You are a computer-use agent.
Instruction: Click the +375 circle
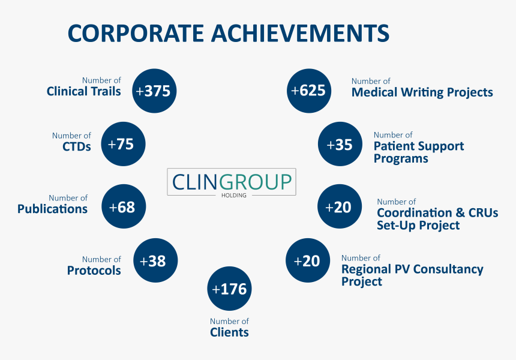pos(154,91)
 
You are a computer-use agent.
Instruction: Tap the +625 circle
pos(309,91)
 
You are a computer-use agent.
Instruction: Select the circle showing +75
pos(123,144)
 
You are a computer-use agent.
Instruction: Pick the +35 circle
pos(340,144)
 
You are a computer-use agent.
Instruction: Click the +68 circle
pos(124,206)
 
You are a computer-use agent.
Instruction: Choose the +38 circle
pos(155,260)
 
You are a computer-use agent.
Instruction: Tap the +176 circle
pos(229,289)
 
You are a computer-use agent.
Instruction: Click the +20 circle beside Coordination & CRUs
pos(340,206)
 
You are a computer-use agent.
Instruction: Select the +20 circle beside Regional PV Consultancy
pos(308,260)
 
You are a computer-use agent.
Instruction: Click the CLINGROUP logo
pos(232,182)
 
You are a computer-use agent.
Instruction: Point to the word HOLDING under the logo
pos(233,196)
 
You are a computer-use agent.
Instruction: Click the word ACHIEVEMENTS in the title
pos(300,33)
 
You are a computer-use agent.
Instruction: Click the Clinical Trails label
pos(83,91)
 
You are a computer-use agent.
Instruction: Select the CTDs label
pos(77,146)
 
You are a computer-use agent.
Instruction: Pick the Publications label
pos(52,209)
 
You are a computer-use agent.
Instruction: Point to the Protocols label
pos(94,271)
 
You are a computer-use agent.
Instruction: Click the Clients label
pos(229,332)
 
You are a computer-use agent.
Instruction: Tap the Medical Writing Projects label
pos(422,92)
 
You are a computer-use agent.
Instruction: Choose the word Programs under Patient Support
pos(401,158)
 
